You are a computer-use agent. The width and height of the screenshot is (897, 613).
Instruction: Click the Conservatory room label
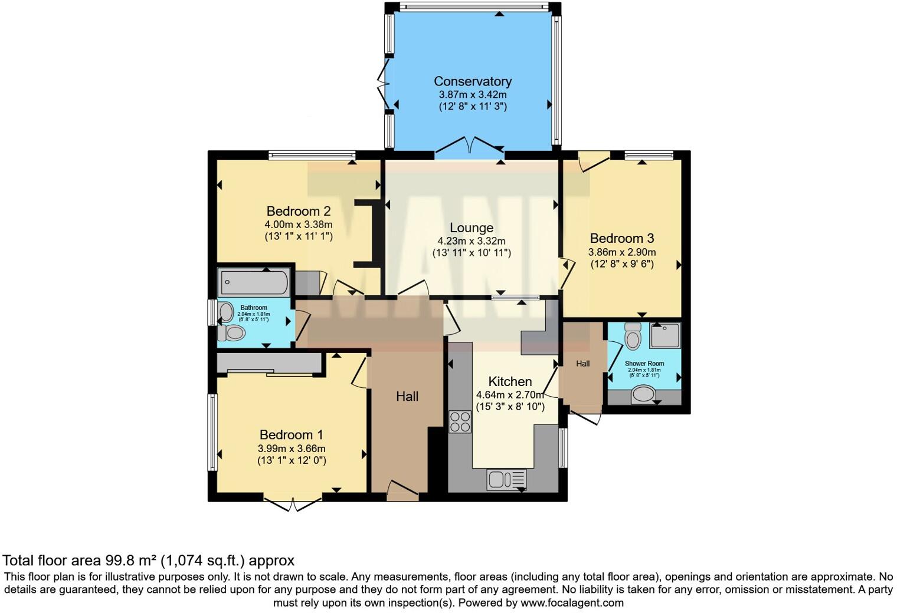pyautogui.click(x=472, y=81)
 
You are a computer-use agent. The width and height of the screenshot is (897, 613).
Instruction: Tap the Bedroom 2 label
pyautogui.click(x=298, y=211)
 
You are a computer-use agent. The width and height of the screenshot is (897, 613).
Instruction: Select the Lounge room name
pyautogui.click(x=471, y=228)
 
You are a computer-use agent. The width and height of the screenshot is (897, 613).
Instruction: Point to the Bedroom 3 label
pyautogui.click(x=622, y=238)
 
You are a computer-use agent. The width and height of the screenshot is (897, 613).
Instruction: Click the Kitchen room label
pyautogui.click(x=510, y=381)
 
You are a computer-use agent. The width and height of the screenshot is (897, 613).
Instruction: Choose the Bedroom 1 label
pyautogui.click(x=292, y=434)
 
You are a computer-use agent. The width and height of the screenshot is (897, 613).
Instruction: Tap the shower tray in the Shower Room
pyautogui.click(x=665, y=335)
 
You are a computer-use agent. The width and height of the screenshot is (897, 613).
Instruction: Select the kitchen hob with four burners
pyautogui.click(x=460, y=421)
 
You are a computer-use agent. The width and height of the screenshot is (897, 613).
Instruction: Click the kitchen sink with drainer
pyautogui.click(x=506, y=479)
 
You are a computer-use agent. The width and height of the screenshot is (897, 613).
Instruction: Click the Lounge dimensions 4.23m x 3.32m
pyautogui.click(x=471, y=241)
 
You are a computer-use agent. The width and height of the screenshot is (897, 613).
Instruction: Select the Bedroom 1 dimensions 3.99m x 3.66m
pyautogui.click(x=292, y=449)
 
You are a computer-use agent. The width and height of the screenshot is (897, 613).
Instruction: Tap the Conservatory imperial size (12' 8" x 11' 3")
pyautogui.click(x=472, y=107)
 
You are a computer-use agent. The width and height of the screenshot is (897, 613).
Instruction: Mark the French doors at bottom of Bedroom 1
pyautogui.click(x=293, y=505)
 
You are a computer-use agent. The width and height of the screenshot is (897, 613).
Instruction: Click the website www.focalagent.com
pyautogui.click(x=572, y=602)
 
